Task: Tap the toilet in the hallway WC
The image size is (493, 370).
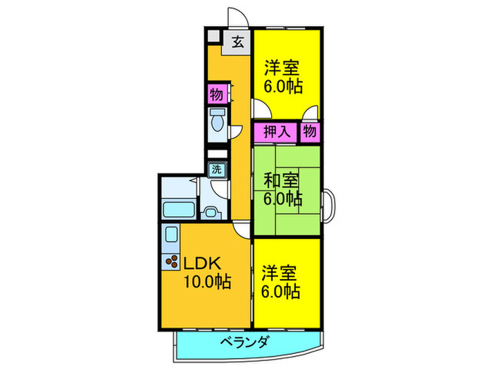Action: point(216,122)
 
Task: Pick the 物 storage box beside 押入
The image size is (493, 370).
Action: point(310,131)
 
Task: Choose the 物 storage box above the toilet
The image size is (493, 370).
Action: point(216,93)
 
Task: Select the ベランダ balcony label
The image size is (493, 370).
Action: point(244,343)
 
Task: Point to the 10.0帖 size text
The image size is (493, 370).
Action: point(206,282)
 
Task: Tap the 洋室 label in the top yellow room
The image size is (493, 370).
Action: point(282,69)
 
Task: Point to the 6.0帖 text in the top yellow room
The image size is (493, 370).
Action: point(284,87)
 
